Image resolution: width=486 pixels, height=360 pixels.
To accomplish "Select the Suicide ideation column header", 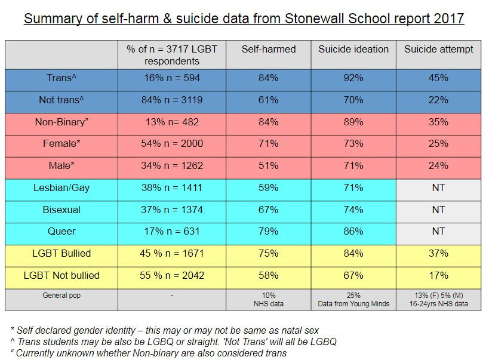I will point(353,49).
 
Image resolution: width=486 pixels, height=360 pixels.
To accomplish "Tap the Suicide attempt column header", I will point(439,49).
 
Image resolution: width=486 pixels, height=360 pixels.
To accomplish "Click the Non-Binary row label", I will point(62,122).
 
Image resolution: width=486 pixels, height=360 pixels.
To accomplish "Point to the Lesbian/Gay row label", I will point(62,188).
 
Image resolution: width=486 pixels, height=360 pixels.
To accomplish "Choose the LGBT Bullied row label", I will point(62,254).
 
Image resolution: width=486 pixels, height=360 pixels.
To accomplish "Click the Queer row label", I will point(62,232).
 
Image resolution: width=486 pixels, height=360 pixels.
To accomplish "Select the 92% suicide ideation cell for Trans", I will point(353,78).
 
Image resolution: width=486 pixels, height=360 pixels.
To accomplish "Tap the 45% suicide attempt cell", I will point(439,78).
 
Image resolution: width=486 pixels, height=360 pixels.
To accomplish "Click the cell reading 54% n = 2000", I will point(165,144).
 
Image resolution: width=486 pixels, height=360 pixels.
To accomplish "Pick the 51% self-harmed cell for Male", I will point(267,166).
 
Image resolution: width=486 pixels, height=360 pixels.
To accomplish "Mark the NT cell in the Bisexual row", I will point(439,210).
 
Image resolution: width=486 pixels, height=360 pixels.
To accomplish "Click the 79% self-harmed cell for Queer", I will point(267,232).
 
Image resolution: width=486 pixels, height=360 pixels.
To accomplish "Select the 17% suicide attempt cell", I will point(439,276).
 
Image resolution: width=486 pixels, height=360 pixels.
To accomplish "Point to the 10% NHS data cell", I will point(267,300).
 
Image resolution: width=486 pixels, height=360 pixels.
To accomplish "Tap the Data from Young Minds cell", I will point(353,304).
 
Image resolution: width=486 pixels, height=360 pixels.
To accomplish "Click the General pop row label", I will point(62,296).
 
